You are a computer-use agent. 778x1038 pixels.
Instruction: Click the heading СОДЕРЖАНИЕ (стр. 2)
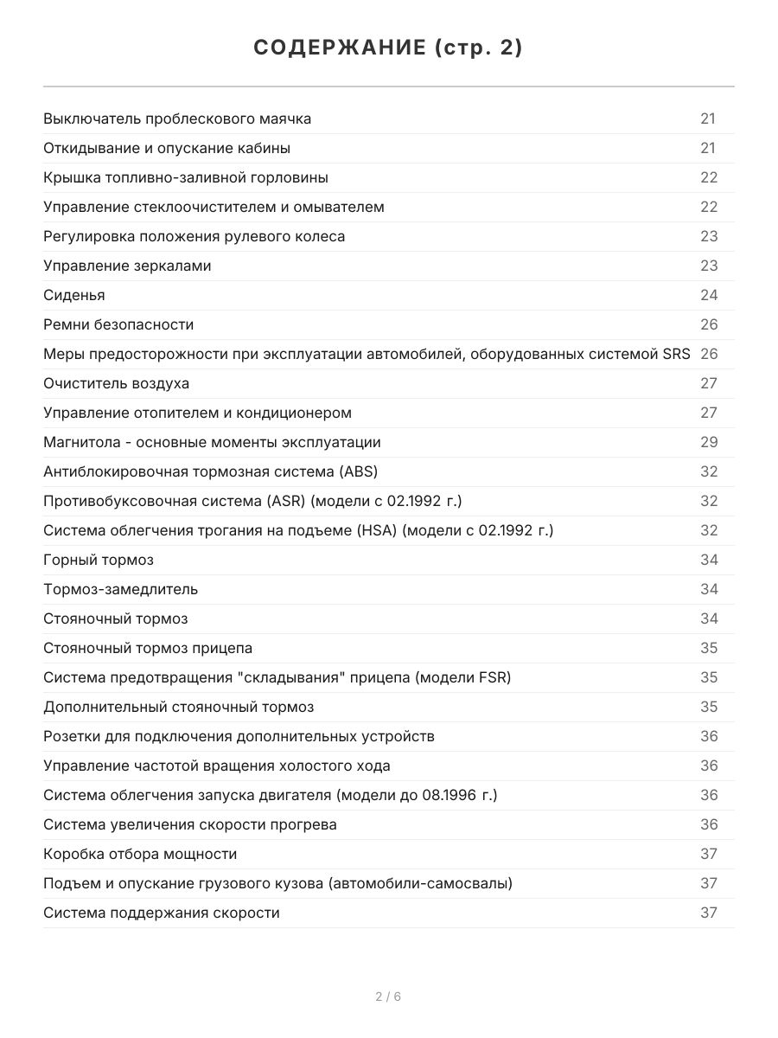(x=388, y=48)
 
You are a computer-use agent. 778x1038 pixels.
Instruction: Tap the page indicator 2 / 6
(x=388, y=996)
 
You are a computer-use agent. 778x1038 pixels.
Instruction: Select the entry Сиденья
(x=74, y=295)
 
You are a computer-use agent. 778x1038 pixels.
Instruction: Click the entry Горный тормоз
(x=99, y=560)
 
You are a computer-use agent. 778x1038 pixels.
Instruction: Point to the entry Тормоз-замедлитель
(x=120, y=589)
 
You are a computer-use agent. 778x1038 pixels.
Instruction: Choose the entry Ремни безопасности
(x=118, y=324)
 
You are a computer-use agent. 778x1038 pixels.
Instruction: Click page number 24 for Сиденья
(x=709, y=295)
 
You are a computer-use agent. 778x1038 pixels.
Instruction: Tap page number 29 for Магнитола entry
(x=709, y=442)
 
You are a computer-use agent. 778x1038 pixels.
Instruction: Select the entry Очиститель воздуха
(x=116, y=383)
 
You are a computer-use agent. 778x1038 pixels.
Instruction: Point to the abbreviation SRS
(x=677, y=354)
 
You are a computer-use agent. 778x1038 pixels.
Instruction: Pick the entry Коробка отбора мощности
(x=140, y=854)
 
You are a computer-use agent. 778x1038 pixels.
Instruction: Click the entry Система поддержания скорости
(x=162, y=913)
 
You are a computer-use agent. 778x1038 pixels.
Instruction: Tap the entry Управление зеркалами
(x=127, y=266)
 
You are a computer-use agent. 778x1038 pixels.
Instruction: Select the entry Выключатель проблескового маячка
(x=177, y=119)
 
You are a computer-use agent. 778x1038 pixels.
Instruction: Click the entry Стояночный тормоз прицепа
(x=148, y=648)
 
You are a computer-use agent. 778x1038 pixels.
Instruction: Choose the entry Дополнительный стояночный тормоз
(x=179, y=707)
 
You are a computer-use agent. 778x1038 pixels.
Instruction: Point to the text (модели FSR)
(x=463, y=677)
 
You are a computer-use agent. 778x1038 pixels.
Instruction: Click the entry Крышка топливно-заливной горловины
(x=186, y=177)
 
